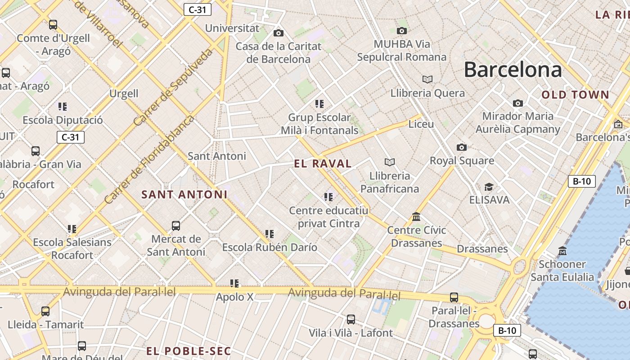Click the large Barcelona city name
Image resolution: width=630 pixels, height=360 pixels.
[513, 70]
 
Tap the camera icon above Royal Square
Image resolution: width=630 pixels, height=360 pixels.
[461, 147]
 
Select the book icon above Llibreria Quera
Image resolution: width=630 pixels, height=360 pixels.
[427, 80]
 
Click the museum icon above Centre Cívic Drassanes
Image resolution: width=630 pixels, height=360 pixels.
[416, 217]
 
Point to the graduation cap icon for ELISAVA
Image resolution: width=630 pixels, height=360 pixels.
[489, 187]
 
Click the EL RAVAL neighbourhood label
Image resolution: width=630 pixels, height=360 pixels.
[323, 164]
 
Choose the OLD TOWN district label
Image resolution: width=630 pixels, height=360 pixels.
[575, 95]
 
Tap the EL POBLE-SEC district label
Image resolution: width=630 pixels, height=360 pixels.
[189, 351]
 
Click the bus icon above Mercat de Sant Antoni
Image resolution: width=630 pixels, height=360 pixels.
[176, 225]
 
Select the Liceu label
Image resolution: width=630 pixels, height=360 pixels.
[421, 124]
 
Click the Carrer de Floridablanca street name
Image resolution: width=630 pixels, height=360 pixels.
[149, 159]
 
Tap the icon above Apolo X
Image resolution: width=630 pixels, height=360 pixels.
[234, 283]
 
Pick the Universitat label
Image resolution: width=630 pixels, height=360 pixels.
[232, 28]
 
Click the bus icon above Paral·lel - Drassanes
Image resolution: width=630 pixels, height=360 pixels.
[454, 297]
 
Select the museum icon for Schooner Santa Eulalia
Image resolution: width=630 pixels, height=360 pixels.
[562, 251]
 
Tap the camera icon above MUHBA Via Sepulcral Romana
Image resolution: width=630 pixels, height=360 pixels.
[401, 31]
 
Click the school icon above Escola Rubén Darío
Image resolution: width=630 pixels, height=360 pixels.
[269, 234]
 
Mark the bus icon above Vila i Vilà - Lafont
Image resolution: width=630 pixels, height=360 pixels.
[351, 319]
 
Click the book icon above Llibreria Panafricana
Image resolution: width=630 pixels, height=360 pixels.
[389, 162]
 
